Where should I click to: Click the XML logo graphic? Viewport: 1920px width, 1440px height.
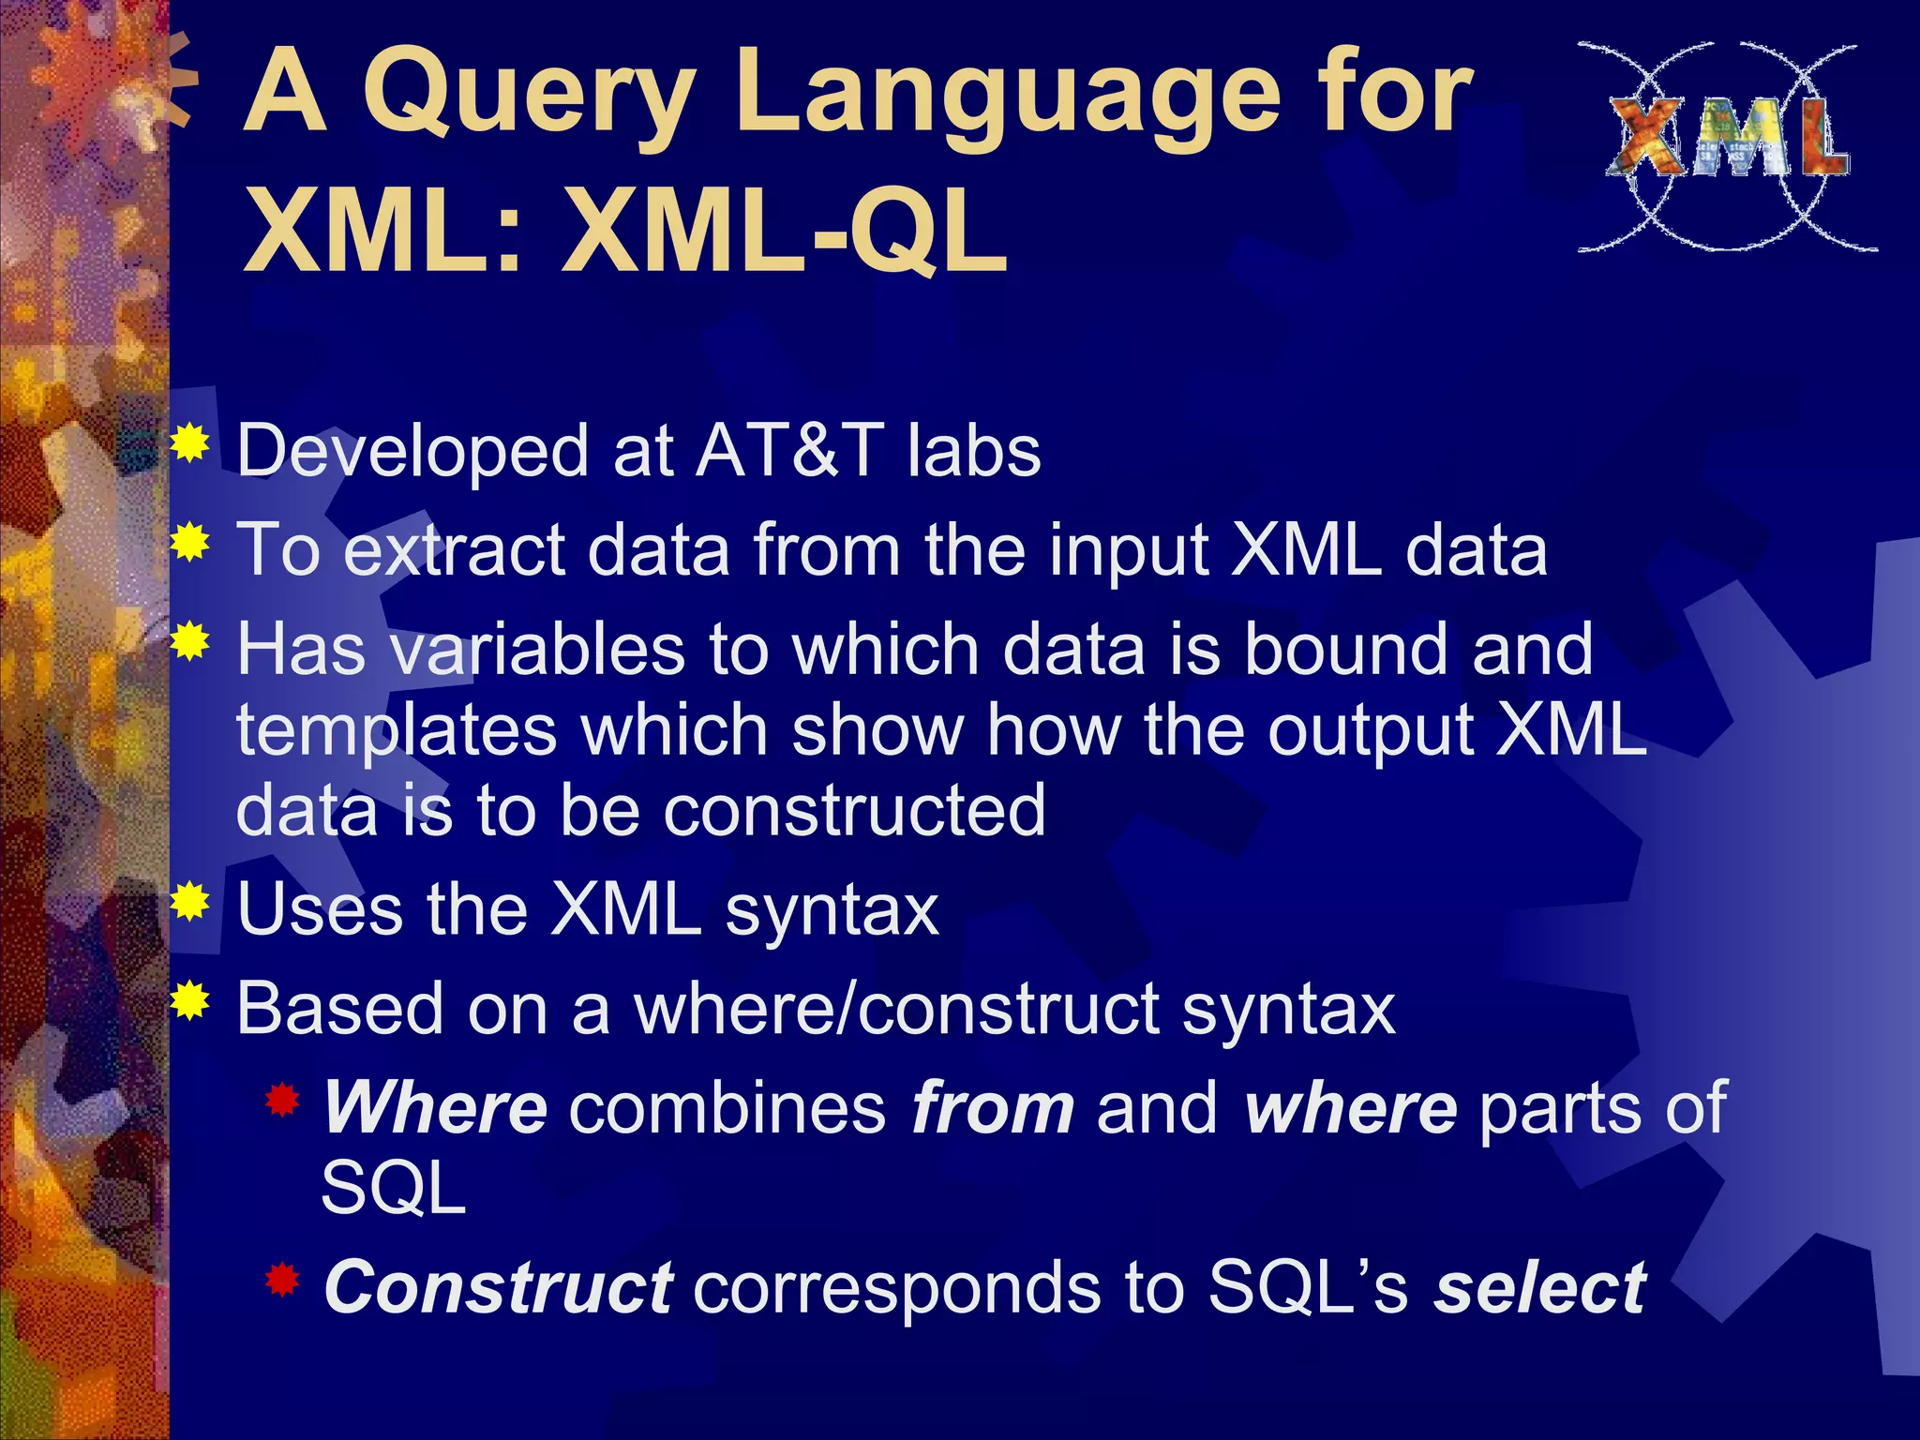(1727, 146)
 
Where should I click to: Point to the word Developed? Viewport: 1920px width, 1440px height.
(412, 451)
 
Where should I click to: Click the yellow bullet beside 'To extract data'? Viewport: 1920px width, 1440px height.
(190, 542)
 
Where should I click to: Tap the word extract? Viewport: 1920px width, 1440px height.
(454, 550)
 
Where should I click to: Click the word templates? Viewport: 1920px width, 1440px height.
(397, 731)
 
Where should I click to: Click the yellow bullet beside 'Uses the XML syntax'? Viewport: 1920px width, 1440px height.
(190, 901)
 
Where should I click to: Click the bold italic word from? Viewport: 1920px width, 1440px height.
(993, 1108)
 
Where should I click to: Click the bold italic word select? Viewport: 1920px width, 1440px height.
(1539, 1288)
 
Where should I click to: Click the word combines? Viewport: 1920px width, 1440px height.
(727, 1108)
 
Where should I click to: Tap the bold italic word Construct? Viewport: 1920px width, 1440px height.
(497, 1288)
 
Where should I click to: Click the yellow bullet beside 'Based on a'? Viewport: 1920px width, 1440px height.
(190, 1000)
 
